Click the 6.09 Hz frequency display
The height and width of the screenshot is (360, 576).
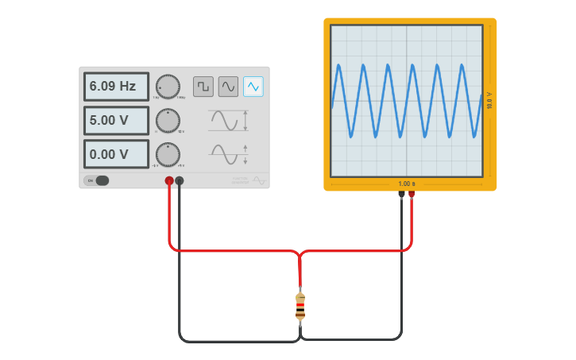pyautogui.click(x=116, y=87)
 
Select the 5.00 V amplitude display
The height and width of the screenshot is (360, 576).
pyautogui.click(x=116, y=121)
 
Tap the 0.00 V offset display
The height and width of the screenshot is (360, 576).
pyautogui.click(x=116, y=154)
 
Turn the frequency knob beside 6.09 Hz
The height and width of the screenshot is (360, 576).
pyautogui.click(x=168, y=87)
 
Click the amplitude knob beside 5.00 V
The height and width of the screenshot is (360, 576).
pyautogui.click(x=168, y=121)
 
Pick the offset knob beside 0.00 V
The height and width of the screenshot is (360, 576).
pyautogui.click(x=168, y=154)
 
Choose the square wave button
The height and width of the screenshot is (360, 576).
pyautogui.click(x=203, y=86)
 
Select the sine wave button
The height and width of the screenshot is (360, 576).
pyautogui.click(x=228, y=86)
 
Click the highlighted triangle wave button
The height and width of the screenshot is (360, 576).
pyautogui.click(x=253, y=86)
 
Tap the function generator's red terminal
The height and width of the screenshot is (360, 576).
pyautogui.click(x=169, y=181)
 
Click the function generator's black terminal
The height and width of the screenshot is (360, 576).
pyautogui.click(x=180, y=181)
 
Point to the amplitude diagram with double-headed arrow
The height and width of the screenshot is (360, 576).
pyautogui.click(x=228, y=121)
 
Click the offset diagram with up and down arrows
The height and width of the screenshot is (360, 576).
pyautogui.click(x=228, y=154)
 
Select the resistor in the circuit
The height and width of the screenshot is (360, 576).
pyautogui.click(x=300, y=307)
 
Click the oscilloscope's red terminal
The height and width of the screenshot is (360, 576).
pyautogui.click(x=412, y=194)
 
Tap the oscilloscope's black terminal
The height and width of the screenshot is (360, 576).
pyautogui.click(x=401, y=194)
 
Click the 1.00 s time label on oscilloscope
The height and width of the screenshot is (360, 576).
pyautogui.click(x=406, y=184)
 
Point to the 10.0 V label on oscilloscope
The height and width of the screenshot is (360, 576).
pyautogui.click(x=489, y=100)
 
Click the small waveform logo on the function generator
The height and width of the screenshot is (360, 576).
pyautogui.click(x=259, y=180)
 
